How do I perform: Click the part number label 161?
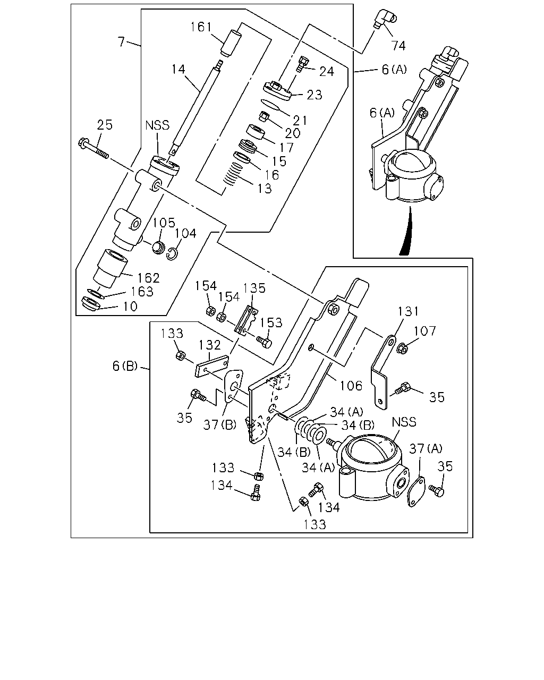pyautogui.click(x=201, y=27)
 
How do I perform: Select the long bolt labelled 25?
pyautogui.click(x=93, y=149)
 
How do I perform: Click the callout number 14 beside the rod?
pyautogui.click(x=178, y=69)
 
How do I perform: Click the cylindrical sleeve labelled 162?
pyautogui.click(x=110, y=268)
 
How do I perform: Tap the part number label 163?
pyautogui.click(x=142, y=292)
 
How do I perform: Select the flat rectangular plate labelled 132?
pyautogui.click(x=212, y=366)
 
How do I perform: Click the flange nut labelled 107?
pyautogui.click(x=403, y=348)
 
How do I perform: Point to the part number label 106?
pyautogui.click(x=351, y=386)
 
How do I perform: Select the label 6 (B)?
pyautogui.click(x=125, y=366)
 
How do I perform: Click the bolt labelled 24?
pyautogui.click(x=302, y=64)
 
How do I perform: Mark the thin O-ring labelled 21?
pyautogui.click(x=270, y=105)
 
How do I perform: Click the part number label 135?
pyautogui.click(x=254, y=288)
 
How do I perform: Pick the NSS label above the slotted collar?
pyautogui.click(x=157, y=126)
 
